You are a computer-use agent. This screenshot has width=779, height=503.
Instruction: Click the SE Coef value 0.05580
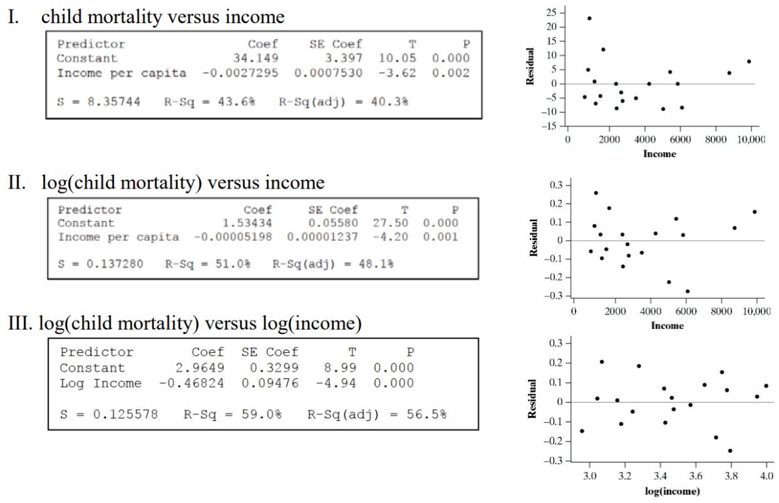(333, 223)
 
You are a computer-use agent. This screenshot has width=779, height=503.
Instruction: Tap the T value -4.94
(341, 383)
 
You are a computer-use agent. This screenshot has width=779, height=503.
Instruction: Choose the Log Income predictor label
(101, 383)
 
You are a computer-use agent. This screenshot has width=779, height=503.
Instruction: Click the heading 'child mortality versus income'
(163, 17)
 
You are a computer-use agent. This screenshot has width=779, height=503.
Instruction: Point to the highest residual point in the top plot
(589, 18)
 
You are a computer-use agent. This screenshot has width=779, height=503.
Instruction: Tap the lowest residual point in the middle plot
(688, 291)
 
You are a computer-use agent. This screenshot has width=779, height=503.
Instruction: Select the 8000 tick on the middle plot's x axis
(721, 311)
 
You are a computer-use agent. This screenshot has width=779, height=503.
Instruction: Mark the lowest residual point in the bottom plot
(730, 450)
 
